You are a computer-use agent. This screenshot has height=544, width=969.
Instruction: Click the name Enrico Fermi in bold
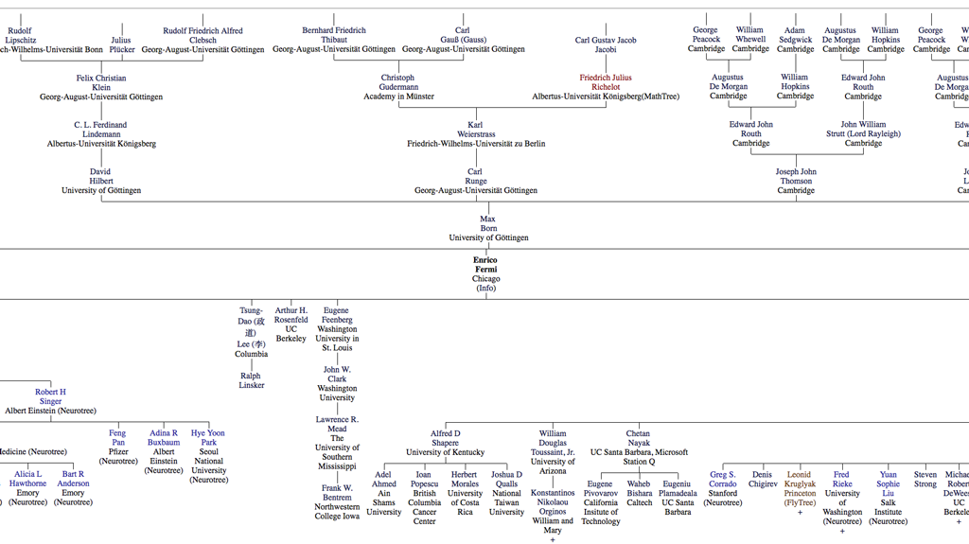484,265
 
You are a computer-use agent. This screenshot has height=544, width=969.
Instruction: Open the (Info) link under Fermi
485,289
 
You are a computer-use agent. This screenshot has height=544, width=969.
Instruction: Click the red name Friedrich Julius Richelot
606,82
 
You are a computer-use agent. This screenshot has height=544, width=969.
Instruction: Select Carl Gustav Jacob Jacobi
606,44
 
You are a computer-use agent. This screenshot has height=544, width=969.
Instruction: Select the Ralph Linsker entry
251,380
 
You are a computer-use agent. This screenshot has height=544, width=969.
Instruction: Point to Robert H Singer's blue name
50,396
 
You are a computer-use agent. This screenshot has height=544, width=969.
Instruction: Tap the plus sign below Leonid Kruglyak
800,512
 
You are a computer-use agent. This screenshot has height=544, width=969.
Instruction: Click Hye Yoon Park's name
208,438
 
